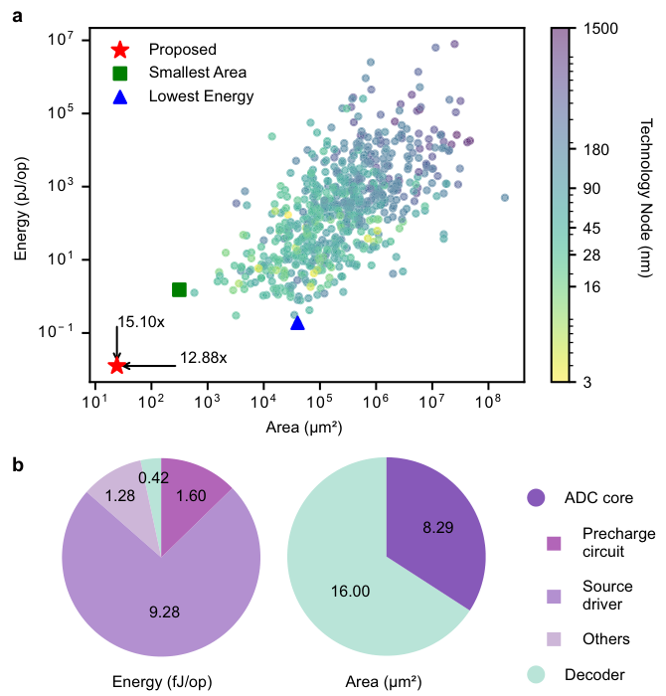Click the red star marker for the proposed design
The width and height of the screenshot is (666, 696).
(x=117, y=366)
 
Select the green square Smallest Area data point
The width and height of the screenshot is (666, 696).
(x=180, y=289)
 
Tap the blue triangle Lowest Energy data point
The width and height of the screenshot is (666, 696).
(x=297, y=322)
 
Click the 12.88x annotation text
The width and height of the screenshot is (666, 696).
(x=204, y=358)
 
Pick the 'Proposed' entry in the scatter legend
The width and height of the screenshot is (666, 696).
(x=182, y=49)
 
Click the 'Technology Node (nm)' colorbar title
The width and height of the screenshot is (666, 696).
(x=643, y=205)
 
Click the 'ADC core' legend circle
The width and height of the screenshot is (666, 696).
(x=536, y=497)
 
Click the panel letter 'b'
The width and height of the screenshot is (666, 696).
(x=19, y=463)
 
